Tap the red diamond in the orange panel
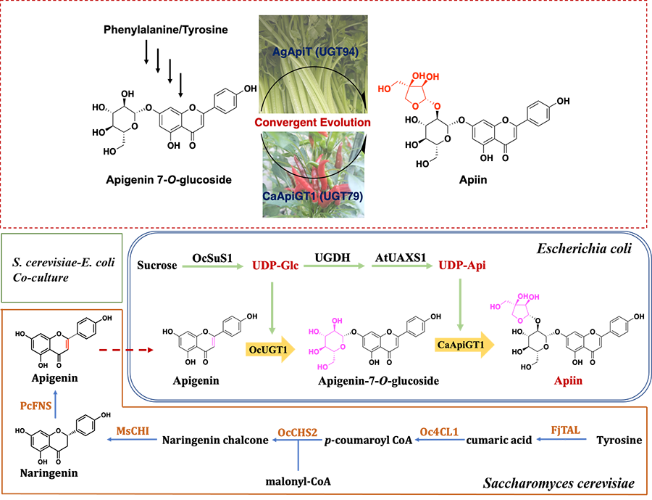99,351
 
